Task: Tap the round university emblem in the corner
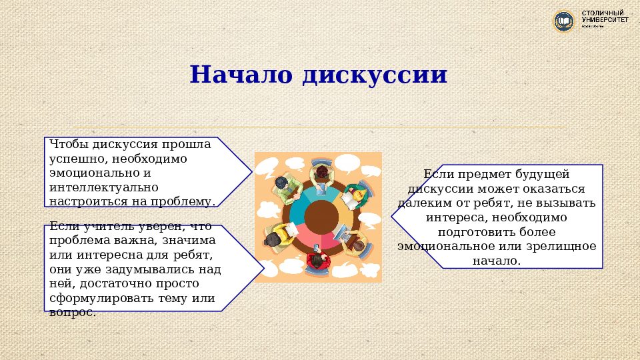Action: coord(564,21)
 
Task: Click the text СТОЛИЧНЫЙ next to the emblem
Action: coord(605,13)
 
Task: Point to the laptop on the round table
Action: coord(341,234)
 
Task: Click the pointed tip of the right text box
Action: coord(393,217)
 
